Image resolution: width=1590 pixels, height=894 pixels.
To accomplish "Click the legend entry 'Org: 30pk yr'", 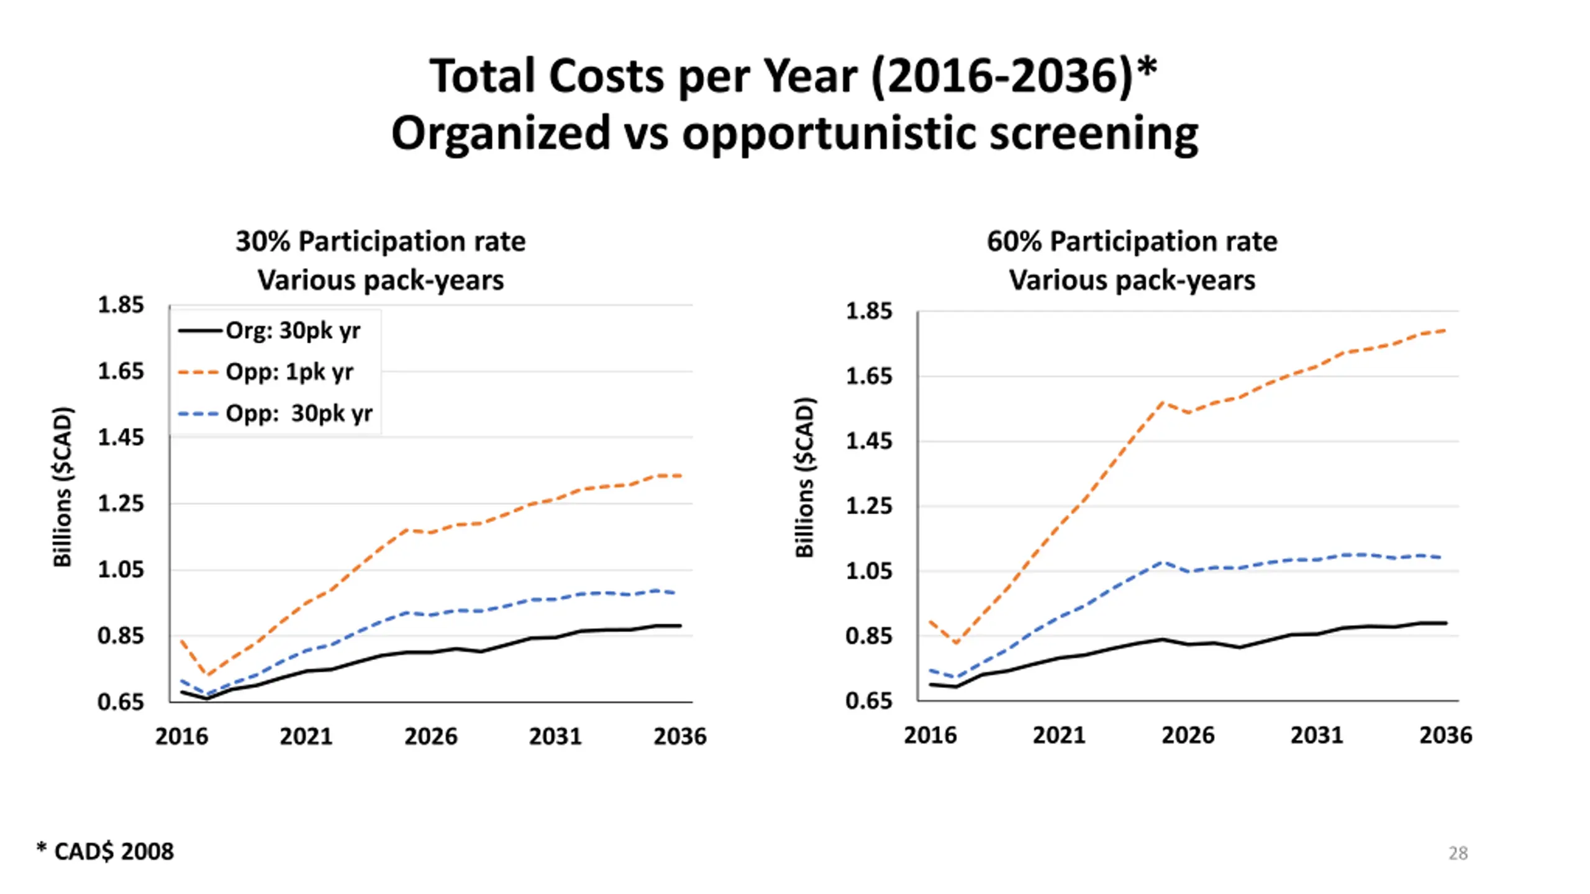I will pyautogui.click(x=293, y=331).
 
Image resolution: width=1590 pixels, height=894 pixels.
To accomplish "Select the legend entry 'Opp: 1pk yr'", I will pyautogui.click(x=289, y=372).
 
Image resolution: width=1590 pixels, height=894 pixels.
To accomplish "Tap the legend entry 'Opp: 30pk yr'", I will pyautogui.click(x=298, y=413).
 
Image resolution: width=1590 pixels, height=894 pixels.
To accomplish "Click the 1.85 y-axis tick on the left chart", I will pyautogui.click(x=120, y=305).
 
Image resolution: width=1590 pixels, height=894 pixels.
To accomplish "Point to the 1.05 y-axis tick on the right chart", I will pyautogui.click(x=868, y=571).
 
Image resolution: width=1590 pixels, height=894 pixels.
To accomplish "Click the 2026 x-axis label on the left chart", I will pyautogui.click(x=430, y=737).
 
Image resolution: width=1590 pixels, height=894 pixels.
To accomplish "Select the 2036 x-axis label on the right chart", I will pyautogui.click(x=1445, y=736).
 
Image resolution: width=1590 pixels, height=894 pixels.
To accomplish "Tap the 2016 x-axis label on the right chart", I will pyautogui.click(x=930, y=736).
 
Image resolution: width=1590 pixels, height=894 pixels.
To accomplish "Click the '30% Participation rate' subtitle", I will pyautogui.click(x=380, y=242).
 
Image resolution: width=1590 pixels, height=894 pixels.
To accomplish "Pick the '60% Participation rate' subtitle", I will pyautogui.click(x=1132, y=242).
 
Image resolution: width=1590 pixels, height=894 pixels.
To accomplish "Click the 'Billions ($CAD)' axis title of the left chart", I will pyautogui.click(x=63, y=487).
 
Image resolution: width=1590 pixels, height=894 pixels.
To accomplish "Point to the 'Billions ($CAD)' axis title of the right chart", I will pyautogui.click(x=805, y=478).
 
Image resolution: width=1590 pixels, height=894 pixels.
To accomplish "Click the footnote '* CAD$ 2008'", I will pyautogui.click(x=106, y=852).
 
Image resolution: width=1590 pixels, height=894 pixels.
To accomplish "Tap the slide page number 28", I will pyautogui.click(x=1458, y=854).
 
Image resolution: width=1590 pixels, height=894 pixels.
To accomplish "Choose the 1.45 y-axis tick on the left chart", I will pyautogui.click(x=120, y=438).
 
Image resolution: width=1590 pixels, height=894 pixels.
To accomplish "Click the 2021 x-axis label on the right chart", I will pyautogui.click(x=1058, y=736).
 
